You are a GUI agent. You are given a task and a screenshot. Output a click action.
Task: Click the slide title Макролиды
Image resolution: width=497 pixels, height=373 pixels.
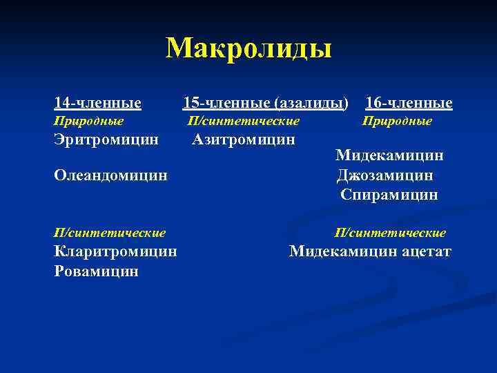(248, 48)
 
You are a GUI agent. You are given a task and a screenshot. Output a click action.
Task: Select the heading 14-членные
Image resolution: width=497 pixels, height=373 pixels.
(97, 104)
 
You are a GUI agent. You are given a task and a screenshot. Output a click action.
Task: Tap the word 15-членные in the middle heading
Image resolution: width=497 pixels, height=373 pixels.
(226, 104)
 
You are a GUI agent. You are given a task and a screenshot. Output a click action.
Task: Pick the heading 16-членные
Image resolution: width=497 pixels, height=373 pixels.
(409, 104)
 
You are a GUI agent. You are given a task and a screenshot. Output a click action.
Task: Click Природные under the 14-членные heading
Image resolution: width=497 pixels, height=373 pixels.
(88, 122)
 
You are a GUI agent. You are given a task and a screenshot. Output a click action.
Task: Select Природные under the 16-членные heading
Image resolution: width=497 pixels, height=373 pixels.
(397, 122)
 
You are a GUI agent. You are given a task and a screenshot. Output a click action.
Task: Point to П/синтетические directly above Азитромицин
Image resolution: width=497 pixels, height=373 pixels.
(244, 122)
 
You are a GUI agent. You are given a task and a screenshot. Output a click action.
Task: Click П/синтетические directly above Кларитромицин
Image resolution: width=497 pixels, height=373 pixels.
(110, 233)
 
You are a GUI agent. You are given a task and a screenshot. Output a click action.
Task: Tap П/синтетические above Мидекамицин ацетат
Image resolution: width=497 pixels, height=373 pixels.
(390, 233)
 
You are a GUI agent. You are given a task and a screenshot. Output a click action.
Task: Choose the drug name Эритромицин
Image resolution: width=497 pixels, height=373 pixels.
(106, 140)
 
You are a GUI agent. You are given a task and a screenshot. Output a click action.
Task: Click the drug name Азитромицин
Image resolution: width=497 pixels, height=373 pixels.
(244, 140)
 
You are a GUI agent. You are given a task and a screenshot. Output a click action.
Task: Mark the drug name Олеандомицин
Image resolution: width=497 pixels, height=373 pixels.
(110, 175)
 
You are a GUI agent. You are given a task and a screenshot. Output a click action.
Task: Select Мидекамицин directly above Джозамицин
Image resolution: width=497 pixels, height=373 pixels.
(389, 155)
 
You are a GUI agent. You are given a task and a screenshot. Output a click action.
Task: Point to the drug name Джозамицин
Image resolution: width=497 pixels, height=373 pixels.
(385, 175)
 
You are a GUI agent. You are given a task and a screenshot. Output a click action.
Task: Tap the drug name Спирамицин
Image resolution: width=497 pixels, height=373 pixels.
(389, 195)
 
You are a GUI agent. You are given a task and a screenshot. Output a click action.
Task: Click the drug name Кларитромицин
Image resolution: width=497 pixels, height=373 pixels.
(115, 251)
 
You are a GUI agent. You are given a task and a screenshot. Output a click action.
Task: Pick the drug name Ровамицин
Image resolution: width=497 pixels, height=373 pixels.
(96, 271)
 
